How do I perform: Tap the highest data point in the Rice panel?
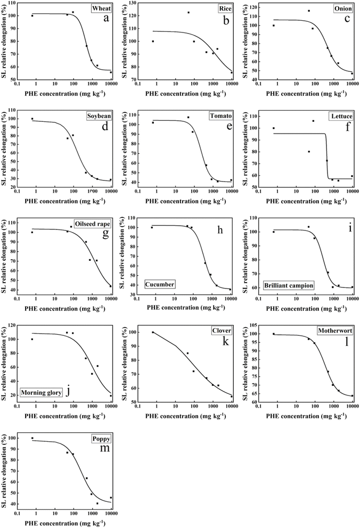tap(189, 12)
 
